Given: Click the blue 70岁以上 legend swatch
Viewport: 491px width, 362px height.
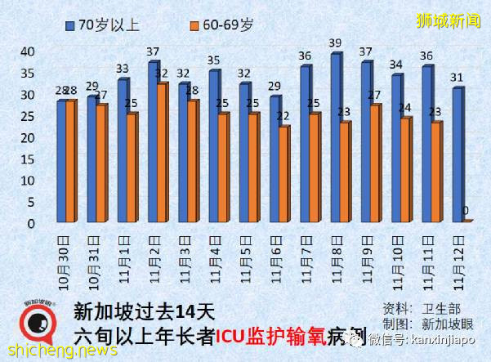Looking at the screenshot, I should click(x=71, y=25).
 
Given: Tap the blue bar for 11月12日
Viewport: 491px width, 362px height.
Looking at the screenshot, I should click(x=457, y=154).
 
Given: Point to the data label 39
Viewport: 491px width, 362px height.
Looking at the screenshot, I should click(x=335, y=43).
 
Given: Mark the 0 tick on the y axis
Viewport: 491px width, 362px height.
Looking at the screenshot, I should click(x=31, y=223).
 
